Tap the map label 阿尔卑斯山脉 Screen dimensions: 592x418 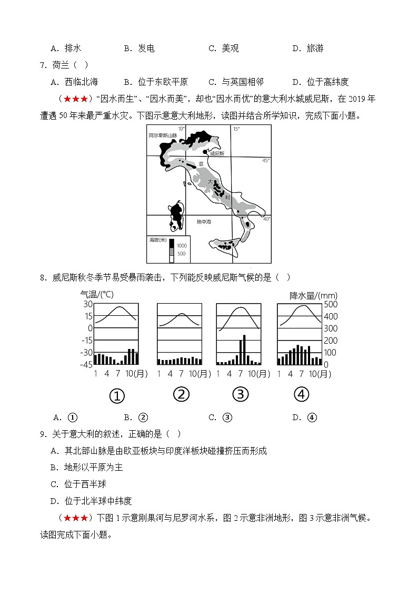click(x=163, y=136)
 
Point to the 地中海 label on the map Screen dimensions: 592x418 click(x=204, y=222)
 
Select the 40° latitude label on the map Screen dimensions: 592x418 click(x=266, y=218)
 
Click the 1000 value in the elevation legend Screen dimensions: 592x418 click(x=182, y=246)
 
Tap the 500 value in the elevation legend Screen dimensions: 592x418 click(x=181, y=254)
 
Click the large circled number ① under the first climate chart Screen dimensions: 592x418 click(x=116, y=395)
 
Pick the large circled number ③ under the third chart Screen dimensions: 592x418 click(x=240, y=394)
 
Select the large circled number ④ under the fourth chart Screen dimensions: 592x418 click(x=301, y=394)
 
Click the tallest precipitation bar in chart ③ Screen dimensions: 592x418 click(x=244, y=350)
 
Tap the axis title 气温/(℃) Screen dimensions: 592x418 click(x=96, y=294)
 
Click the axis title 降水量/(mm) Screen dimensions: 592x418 click(x=313, y=295)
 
